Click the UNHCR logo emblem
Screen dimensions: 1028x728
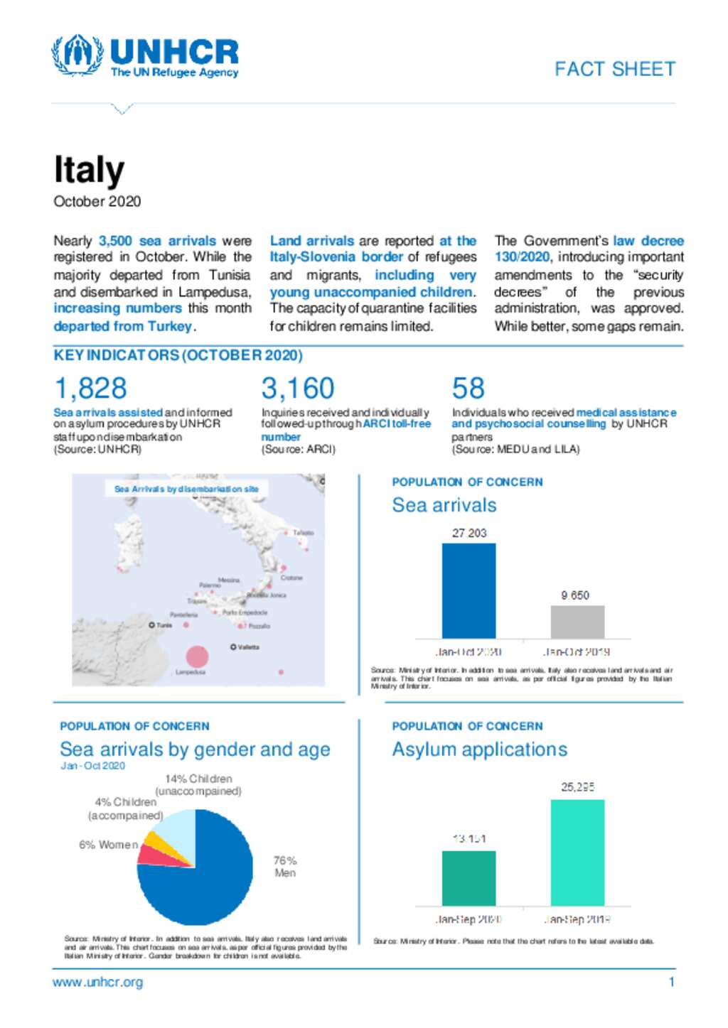tap(77, 55)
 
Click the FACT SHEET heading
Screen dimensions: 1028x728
tap(614, 69)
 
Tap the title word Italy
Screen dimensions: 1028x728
tap(89, 171)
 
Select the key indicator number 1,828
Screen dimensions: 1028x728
tap(90, 389)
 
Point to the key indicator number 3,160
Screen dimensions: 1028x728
tap(297, 389)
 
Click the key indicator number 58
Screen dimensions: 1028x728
tap(468, 389)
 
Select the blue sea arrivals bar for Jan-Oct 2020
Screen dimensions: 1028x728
tap(469, 590)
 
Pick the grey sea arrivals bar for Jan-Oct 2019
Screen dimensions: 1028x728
tap(577, 622)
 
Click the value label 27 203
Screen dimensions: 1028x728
tap(469, 533)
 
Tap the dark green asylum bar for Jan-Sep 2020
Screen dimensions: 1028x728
tap(469, 878)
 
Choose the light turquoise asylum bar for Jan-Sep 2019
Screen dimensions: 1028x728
tap(577, 853)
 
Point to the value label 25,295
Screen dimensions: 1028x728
tap(577, 787)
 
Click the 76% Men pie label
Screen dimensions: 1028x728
tap(285, 866)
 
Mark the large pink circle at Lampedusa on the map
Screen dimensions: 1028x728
tap(197, 656)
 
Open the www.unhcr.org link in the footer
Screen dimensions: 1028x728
tap(97, 982)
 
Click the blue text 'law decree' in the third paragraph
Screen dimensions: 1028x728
tap(648, 241)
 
